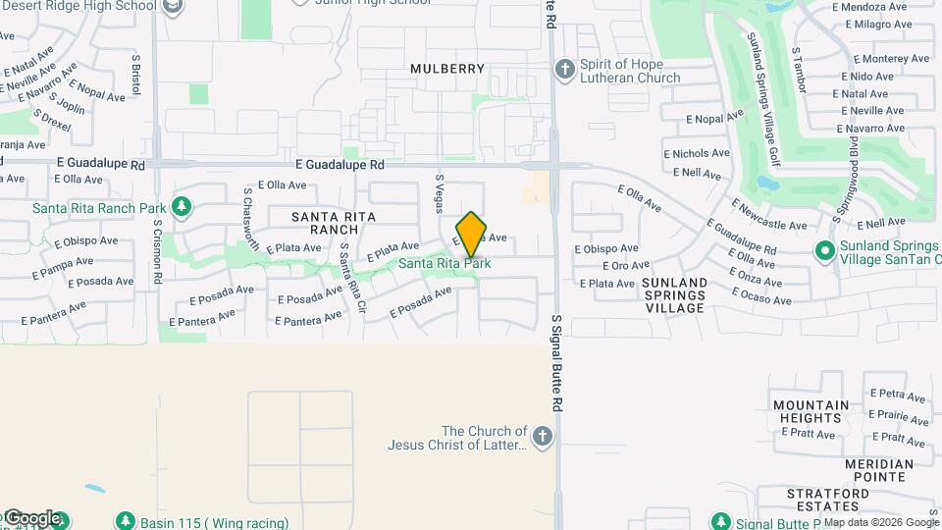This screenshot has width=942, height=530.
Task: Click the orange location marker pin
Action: [x=471, y=234]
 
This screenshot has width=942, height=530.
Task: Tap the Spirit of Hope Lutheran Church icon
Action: [x=564, y=69]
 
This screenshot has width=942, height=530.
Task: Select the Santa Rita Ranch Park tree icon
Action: [x=180, y=206]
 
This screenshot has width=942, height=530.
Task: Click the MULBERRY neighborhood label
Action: [x=447, y=69]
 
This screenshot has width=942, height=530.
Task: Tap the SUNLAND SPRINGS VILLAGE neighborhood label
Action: [x=674, y=294]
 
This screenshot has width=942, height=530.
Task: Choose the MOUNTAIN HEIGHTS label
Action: [x=811, y=412]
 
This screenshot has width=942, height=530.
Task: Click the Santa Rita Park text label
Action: [x=445, y=263]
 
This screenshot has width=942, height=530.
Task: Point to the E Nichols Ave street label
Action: [x=697, y=153]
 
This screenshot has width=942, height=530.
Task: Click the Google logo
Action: [x=33, y=518]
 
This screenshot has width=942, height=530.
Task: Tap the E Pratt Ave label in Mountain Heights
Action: [x=811, y=434]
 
